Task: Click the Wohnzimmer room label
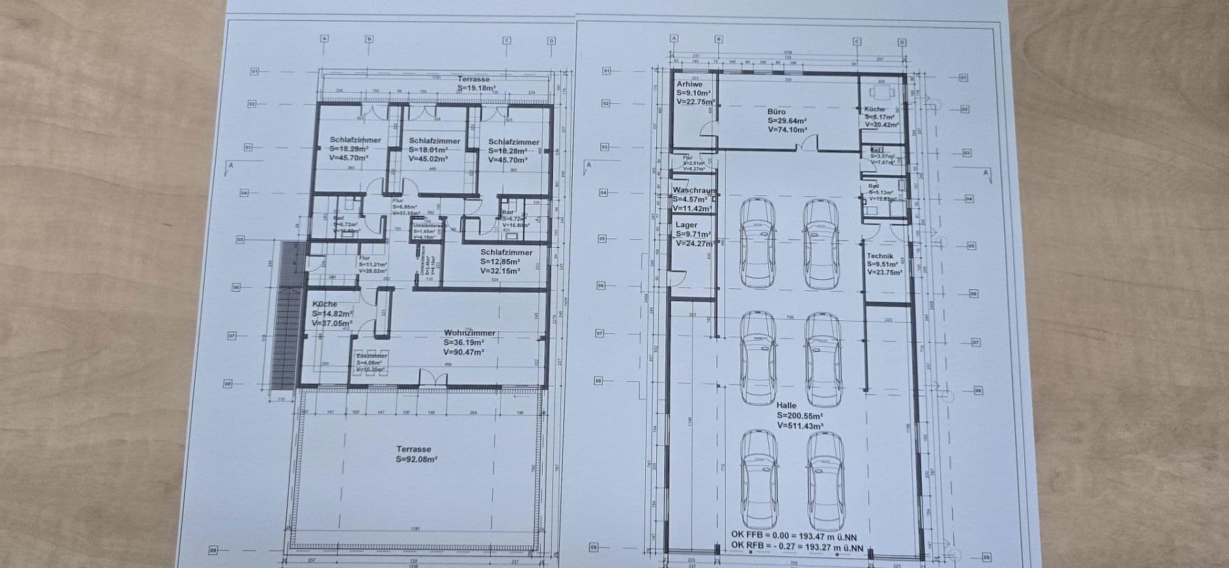click(469, 333)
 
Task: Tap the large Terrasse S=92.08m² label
click(414, 449)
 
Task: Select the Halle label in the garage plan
click(787, 406)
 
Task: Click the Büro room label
click(776, 111)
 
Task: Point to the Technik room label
click(880, 256)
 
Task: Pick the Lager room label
click(686, 225)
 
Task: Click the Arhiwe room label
click(689, 84)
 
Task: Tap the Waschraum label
click(694, 190)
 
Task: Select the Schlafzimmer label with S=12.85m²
click(506, 252)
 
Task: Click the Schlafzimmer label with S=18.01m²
click(434, 141)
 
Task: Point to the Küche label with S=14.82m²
click(325, 304)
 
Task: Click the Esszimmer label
click(371, 356)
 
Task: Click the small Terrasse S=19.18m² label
click(473, 79)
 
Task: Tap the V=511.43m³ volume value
click(799, 425)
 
